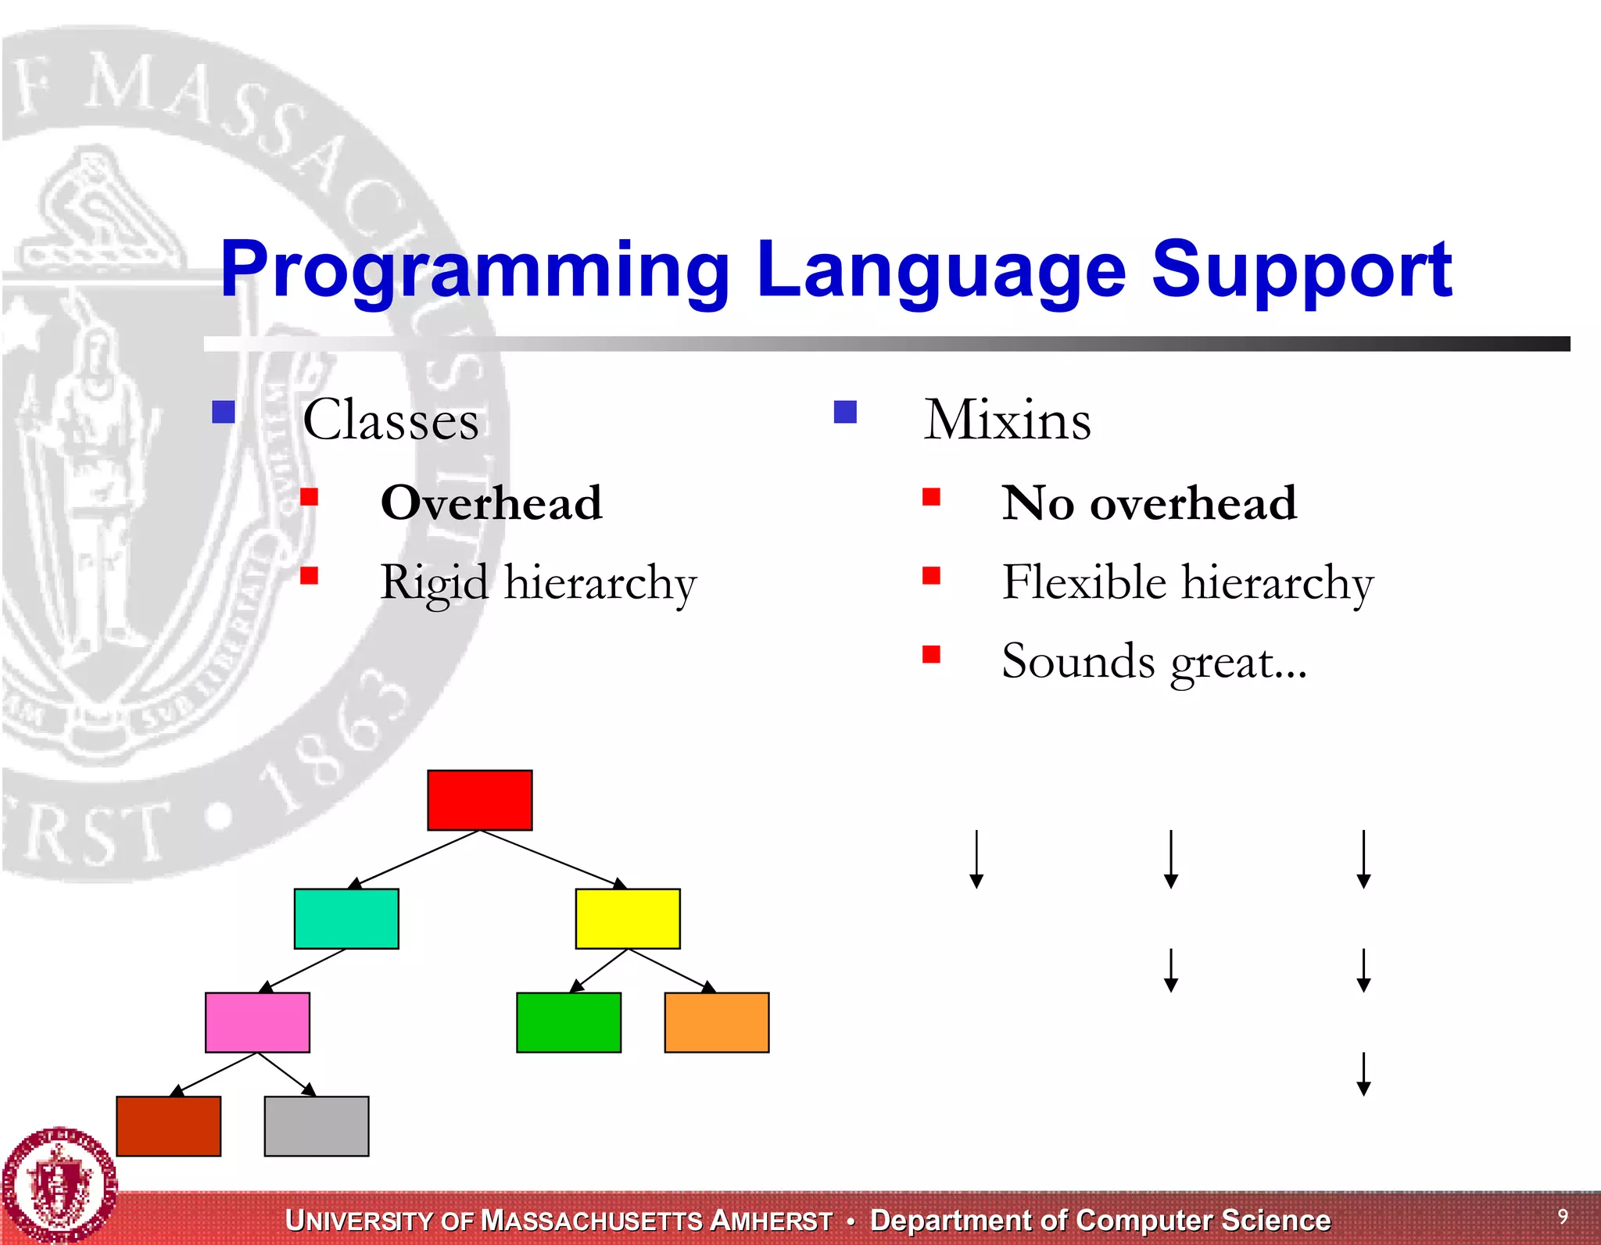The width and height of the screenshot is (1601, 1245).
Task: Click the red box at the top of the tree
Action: pyautogui.click(x=479, y=800)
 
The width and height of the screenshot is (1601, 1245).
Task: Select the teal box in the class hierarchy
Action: pyautogui.click(x=346, y=918)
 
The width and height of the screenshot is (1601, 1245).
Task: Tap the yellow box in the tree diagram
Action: pyautogui.click(x=628, y=918)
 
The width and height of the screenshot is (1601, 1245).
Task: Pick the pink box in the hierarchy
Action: pyautogui.click(x=257, y=1022)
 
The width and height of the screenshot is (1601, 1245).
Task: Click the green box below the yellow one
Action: pyautogui.click(x=568, y=1022)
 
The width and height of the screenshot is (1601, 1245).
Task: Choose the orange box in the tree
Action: pyautogui.click(x=716, y=1022)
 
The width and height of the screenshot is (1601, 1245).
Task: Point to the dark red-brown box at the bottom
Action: pyautogui.click(x=168, y=1125)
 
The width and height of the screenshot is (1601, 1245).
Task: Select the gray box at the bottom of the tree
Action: pyautogui.click(x=317, y=1125)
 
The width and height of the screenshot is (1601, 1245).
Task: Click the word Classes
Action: pyautogui.click(x=390, y=420)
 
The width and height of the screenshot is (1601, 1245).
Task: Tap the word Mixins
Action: pyautogui.click(x=1007, y=420)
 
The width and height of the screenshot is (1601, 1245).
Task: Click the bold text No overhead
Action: pyautogui.click(x=1149, y=503)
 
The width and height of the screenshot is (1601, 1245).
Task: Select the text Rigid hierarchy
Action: pyautogui.click(x=538, y=583)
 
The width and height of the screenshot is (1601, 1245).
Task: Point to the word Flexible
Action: pyautogui.click(x=1084, y=581)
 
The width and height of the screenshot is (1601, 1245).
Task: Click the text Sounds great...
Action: pyautogui.click(x=1154, y=662)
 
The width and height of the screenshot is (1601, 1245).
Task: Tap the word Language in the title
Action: pyautogui.click(x=940, y=270)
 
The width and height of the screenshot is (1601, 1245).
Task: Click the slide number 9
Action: pyautogui.click(x=1563, y=1216)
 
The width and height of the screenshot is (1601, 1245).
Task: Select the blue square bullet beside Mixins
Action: pyautogui.click(x=845, y=412)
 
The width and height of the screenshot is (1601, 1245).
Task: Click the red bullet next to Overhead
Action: pyautogui.click(x=310, y=497)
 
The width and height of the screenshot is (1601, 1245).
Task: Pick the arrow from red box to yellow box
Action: pyautogui.click(x=552, y=859)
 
